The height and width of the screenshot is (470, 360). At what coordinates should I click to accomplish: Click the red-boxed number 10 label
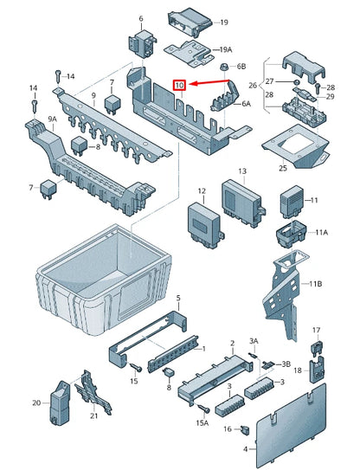[179, 86]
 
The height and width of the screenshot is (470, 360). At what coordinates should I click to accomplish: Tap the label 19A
[224, 50]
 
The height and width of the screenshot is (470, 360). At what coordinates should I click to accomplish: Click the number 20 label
[35, 402]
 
